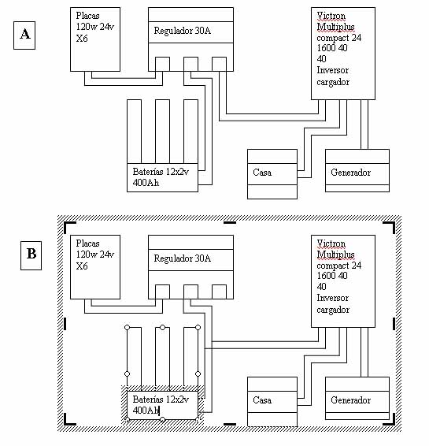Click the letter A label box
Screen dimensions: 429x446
click(x=24, y=35)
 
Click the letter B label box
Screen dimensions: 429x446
click(x=31, y=255)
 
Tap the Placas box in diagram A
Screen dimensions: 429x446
click(x=95, y=39)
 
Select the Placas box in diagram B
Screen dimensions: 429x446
click(x=95, y=267)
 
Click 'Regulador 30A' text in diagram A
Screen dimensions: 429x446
click(x=183, y=31)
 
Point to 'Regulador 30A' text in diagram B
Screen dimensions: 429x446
click(x=183, y=258)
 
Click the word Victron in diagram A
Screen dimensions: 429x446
click(x=331, y=15)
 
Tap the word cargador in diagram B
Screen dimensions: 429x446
click(x=333, y=310)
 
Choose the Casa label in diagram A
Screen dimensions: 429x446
click(x=262, y=173)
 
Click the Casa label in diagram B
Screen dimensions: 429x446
click(x=262, y=400)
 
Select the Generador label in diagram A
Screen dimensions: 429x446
click(x=350, y=173)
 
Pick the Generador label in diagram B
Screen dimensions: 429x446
click(x=350, y=400)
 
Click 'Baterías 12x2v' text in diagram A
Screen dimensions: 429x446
click(x=161, y=172)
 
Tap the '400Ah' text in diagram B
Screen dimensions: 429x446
click(x=146, y=411)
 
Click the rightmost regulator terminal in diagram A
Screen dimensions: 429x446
click(x=220, y=64)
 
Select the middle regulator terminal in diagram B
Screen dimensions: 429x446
click(x=191, y=292)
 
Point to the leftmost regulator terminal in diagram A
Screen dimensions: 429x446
click(x=162, y=64)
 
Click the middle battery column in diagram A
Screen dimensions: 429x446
click(x=162, y=132)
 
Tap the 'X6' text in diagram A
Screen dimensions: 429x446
click(x=82, y=38)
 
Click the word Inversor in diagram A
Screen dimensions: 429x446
click(x=332, y=70)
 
